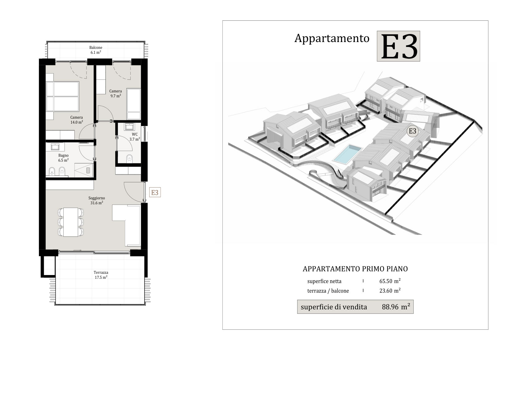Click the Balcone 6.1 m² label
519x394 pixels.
coord(96,50)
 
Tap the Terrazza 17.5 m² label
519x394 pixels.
coord(101,275)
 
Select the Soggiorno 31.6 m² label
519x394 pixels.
coord(97,200)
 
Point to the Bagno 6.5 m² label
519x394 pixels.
coord(63,158)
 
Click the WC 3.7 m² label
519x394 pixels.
coord(134,137)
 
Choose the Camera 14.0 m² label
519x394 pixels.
coord(77,120)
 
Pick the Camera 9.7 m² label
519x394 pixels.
coord(116,93)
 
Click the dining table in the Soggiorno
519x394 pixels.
coord(71,222)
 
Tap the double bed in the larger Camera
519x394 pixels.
coord(62,96)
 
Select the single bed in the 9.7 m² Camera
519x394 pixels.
coord(133,104)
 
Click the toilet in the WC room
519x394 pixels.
coord(129,159)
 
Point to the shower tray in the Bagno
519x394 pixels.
coord(84,170)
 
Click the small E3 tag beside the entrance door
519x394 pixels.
coord(155,193)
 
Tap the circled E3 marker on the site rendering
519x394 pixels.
coord(413,131)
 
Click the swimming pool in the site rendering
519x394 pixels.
coord(347,154)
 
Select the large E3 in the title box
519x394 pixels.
coord(399,46)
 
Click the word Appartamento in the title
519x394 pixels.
coord(332,38)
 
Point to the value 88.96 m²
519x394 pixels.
coord(396,307)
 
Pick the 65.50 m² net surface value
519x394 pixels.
coord(390,281)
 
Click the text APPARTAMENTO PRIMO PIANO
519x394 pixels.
coord(355,269)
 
